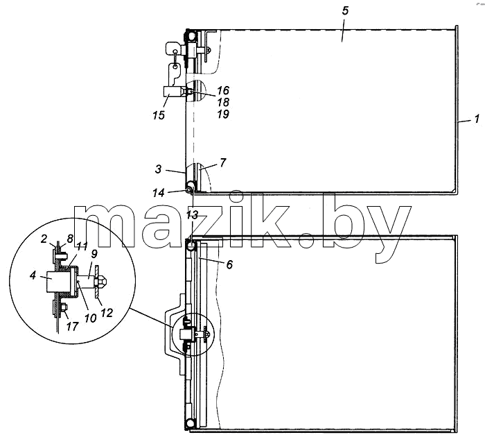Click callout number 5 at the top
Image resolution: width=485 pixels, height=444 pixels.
pyautogui.click(x=345, y=11)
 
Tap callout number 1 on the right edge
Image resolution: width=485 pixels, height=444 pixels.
pyautogui.click(x=477, y=119)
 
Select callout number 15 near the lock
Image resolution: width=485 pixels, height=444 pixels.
pyautogui.click(x=159, y=115)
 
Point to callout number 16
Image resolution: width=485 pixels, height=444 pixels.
pyautogui.click(x=222, y=90)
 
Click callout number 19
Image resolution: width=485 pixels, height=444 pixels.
pyautogui.click(x=222, y=114)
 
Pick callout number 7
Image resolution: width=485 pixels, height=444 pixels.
pyautogui.click(x=222, y=162)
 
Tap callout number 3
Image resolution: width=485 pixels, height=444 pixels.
pyautogui.click(x=158, y=169)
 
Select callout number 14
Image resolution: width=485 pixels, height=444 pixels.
pyautogui.click(x=159, y=193)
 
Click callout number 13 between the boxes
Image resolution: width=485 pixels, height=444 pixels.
pyautogui.click(x=192, y=215)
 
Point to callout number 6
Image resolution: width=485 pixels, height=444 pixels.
pyautogui.click(x=229, y=264)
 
